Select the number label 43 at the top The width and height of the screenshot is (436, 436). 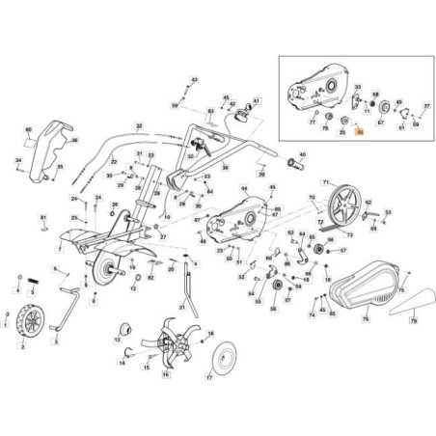pyautogui.click(x=194, y=79)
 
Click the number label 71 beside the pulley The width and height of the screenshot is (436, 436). pyautogui.click(x=326, y=180)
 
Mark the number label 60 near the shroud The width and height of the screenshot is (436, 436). pyautogui.click(x=28, y=128)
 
